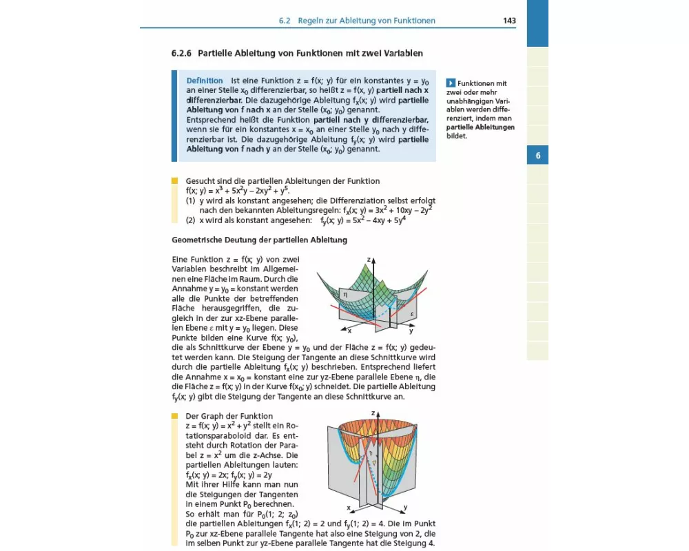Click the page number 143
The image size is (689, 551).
(x=509, y=21)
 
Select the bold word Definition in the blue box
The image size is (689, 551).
(x=205, y=81)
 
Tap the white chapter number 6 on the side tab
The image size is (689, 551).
(x=537, y=156)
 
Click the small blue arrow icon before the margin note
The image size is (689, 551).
(x=451, y=83)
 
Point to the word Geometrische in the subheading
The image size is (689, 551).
(x=196, y=240)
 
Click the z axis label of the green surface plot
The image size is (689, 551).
(x=369, y=260)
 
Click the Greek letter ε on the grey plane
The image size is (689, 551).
(x=411, y=314)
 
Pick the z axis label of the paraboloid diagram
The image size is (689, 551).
(x=372, y=413)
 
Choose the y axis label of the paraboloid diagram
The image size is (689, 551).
(x=404, y=508)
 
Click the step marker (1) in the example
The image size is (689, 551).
(x=191, y=200)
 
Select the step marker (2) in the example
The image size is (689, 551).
(x=191, y=220)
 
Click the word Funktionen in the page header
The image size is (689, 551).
(x=413, y=21)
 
